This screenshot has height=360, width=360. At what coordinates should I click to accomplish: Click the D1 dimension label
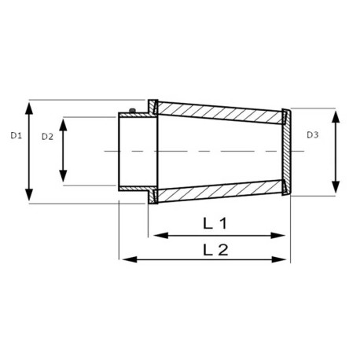pyautogui.click(x=15, y=136)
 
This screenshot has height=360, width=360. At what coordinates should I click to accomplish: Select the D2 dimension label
pyautogui.click(x=49, y=136)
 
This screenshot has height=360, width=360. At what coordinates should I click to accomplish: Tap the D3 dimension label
pyautogui.click(x=313, y=136)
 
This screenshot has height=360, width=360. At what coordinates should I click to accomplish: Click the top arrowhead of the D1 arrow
pyautogui.click(x=31, y=105)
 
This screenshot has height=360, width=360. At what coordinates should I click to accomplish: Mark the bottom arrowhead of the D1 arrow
pyautogui.click(x=31, y=198)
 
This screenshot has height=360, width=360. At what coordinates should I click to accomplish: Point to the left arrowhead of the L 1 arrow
pyautogui.click(x=156, y=234)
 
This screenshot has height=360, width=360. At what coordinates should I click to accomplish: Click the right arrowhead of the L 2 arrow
pyautogui.click(x=286, y=259)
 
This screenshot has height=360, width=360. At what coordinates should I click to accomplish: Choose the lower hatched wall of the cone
pyautogui.click(x=220, y=191)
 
